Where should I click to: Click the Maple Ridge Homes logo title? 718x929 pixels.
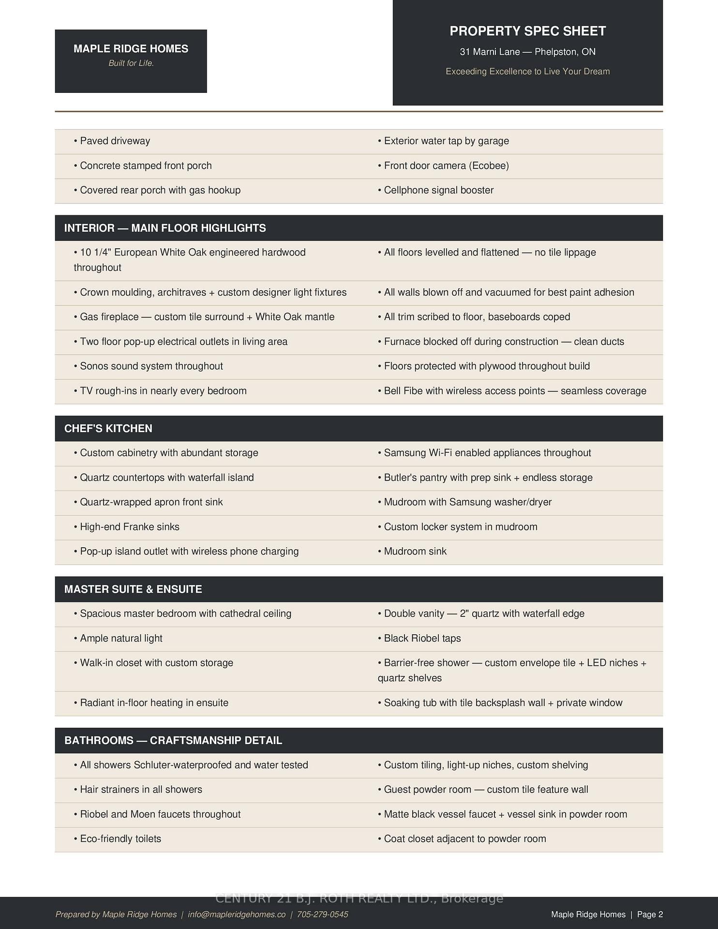[131, 49]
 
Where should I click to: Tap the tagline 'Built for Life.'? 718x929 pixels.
[131, 63]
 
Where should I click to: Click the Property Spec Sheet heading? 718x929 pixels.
[527, 31]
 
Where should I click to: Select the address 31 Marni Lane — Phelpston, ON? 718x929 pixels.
[527, 52]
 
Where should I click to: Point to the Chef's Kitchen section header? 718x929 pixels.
[108, 429]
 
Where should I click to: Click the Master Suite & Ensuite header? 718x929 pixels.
[133, 589]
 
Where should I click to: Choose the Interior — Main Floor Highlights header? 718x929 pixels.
[165, 228]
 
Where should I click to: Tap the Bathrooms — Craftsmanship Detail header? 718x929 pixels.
[173, 740]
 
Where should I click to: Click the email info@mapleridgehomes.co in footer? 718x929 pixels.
[237, 914]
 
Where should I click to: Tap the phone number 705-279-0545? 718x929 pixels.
[322, 914]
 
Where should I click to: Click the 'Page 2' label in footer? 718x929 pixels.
[650, 914]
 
